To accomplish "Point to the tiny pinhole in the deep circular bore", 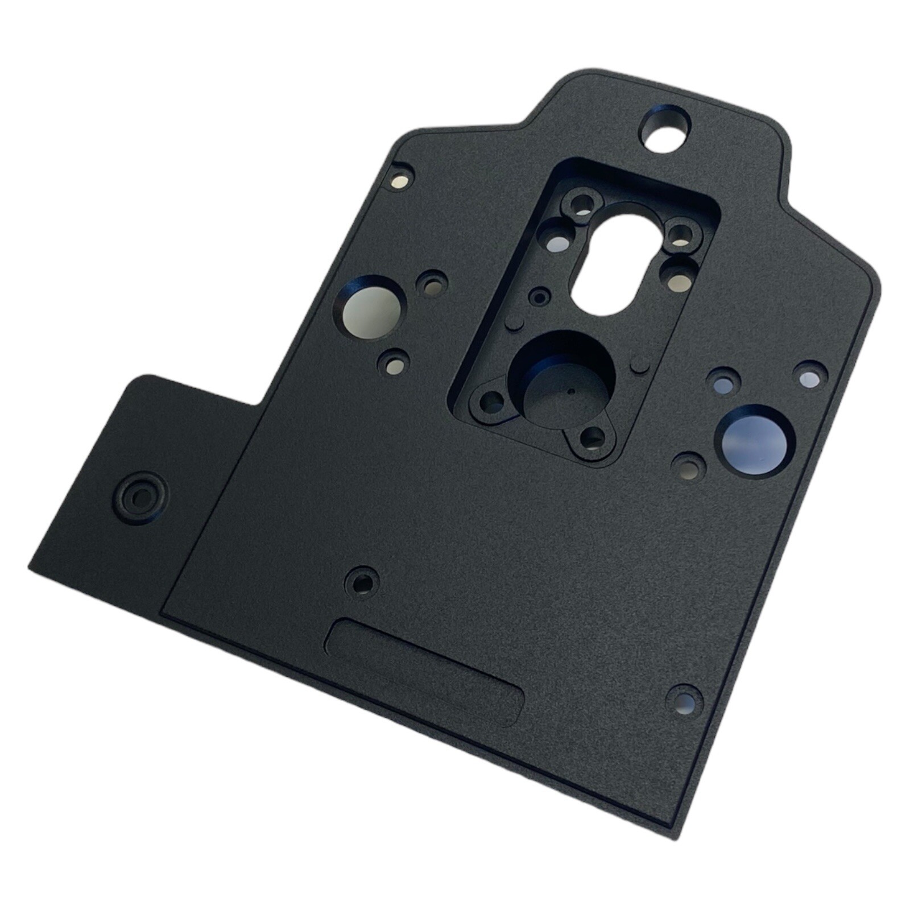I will pos(570,392).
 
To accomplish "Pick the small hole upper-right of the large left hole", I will pos(432,284).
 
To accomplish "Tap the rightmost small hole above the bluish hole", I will pos(810,375).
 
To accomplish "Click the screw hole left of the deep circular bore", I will pos(491,403).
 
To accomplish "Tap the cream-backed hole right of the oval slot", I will pos(677,277).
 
